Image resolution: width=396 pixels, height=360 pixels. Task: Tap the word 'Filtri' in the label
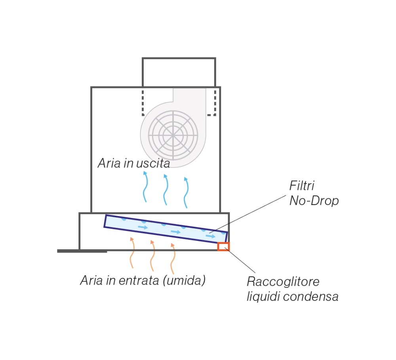(x=301, y=186)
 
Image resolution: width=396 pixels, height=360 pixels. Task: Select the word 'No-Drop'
(x=314, y=201)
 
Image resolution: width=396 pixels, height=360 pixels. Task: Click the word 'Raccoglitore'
(x=283, y=281)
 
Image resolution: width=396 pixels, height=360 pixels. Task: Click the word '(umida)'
(x=184, y=280)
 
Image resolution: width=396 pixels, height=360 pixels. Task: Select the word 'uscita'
(x=153, y=163)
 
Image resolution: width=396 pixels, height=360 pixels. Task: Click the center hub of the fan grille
(x=173, y=136)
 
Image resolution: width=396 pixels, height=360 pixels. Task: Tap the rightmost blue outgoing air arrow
(x=187, y=193)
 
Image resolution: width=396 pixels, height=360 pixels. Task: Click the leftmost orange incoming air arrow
(x=131, y=253)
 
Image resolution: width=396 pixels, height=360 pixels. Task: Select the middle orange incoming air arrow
(x=152, y=256)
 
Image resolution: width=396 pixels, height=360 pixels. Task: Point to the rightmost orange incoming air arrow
(x=172, y=259)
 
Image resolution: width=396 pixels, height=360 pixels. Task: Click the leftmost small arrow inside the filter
(x=143, y=227)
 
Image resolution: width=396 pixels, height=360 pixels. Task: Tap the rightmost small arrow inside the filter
(x=211, y=236)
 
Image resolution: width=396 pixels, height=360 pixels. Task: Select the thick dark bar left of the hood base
(x=82, y=251)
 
